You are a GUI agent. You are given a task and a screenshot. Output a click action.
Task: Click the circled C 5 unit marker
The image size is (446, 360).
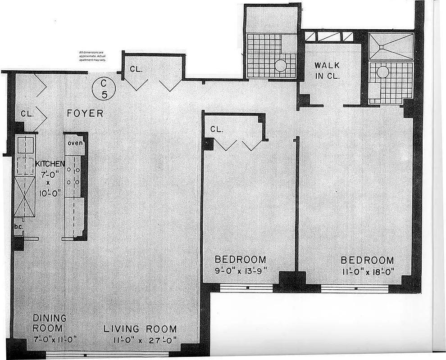pyautogui.click(x=104, y=88)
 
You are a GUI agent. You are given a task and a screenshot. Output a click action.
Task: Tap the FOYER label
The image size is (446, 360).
pyautogui.click(x=85, y=113)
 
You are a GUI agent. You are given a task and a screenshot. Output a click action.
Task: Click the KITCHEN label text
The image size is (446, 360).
pyautogui.click(x=50, y=164)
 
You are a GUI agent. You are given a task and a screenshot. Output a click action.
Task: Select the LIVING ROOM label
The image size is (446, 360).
pyautogui.click(x=140, y=329)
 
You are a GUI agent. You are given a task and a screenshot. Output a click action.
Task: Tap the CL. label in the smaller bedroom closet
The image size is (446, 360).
pyautogui.click(x=217, y=129)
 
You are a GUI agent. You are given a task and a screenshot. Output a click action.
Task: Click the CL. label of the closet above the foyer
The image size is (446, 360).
pyautogui.click(x=136, y=69)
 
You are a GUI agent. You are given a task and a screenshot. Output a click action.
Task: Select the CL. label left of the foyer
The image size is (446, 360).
pyautogui.click(x=27, y=114)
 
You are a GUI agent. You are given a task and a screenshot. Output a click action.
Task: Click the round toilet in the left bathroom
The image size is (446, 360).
pyautogui.click(x=280, y=66)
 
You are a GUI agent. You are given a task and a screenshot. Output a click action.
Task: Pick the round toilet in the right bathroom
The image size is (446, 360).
pyautogui.click(x=383, y=72)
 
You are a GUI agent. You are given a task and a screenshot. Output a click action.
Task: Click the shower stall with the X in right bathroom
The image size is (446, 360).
pyautogui.click(x=391, y=46)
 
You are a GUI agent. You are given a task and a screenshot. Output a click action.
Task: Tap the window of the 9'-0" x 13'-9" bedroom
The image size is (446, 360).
pyautogui.click(x=246, y=288)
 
